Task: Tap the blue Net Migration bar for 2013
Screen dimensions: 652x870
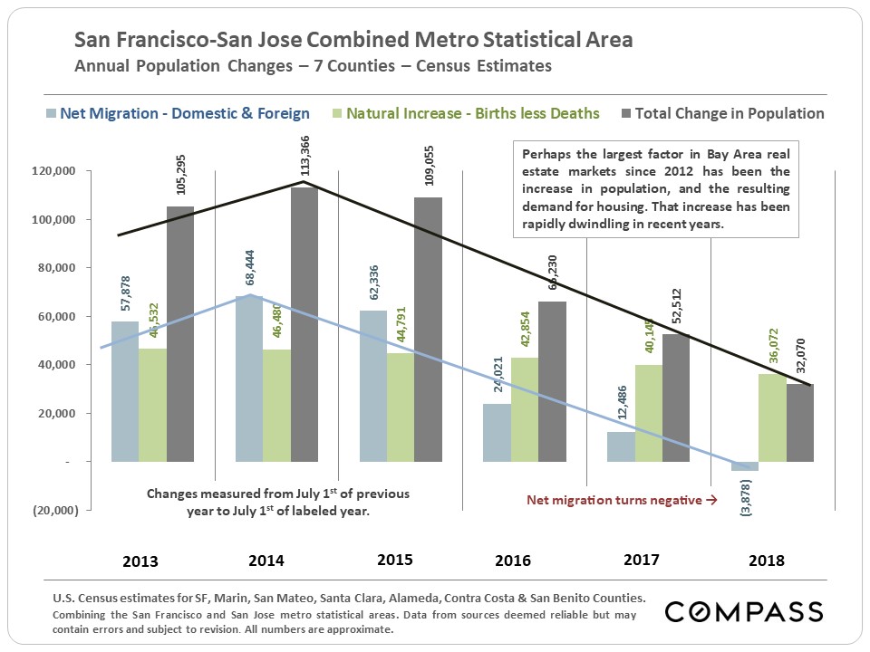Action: click(x=125, y=391)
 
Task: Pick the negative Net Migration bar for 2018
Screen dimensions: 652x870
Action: click(x=744, y=466)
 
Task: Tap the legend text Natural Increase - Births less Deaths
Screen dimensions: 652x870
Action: click(x=473, y=114)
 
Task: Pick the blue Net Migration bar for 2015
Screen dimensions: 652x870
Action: click(x=373, y=386)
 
